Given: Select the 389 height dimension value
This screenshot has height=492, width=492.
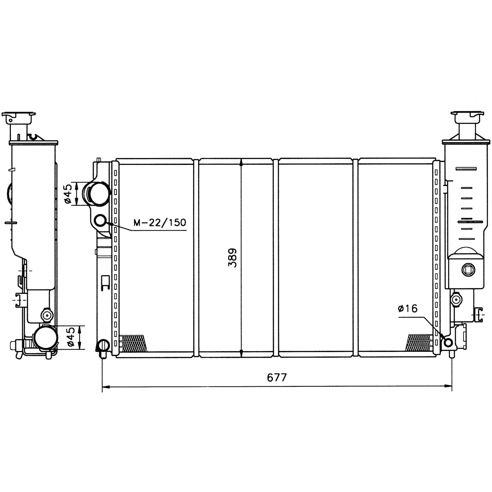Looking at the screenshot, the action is click(232, 258).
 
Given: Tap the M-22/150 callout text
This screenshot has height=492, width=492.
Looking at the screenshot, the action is click(160, 223).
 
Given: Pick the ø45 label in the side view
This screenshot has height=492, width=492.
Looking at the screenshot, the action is click(71, 337).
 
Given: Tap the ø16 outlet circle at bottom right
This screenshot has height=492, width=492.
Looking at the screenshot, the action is click(448, 343).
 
